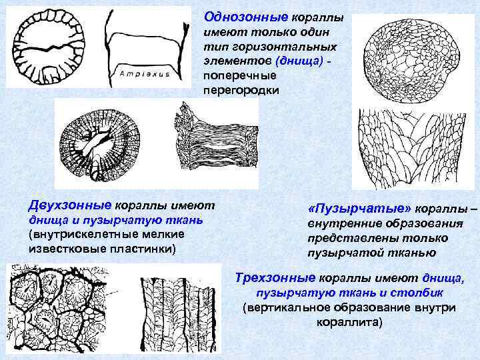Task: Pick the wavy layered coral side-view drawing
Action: pos(213,141)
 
